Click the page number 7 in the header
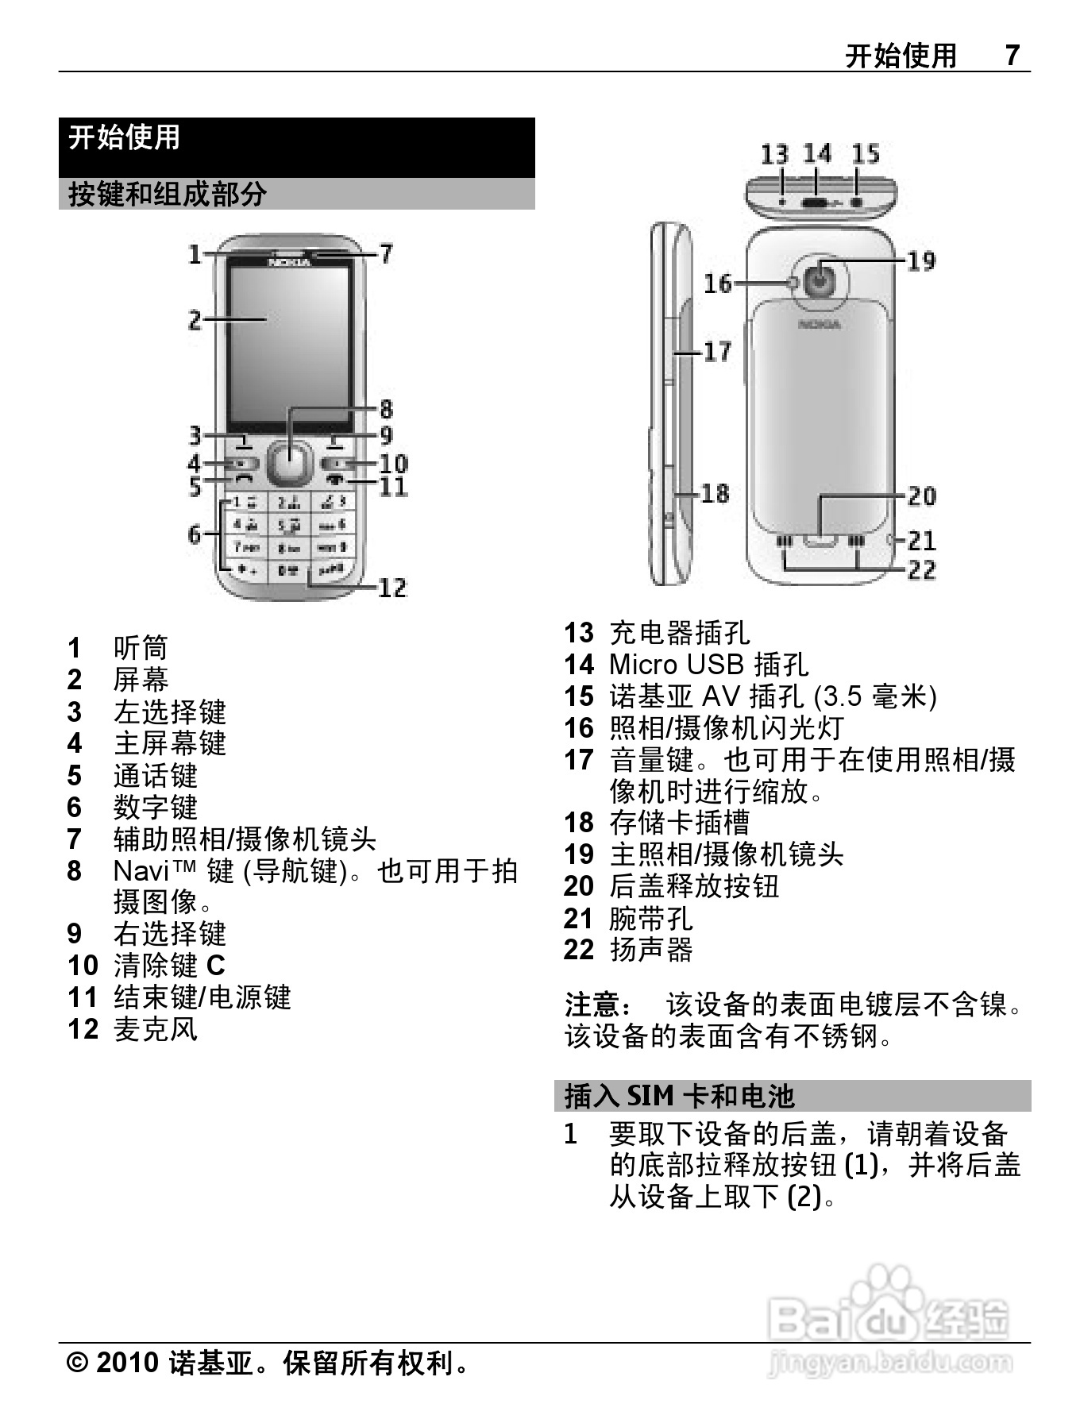point(1012,55)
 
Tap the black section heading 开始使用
point(124,137)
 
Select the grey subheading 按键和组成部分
point(168,194)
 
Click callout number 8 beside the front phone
point(386,409)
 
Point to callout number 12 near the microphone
point(391,588)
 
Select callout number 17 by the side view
point(717,350)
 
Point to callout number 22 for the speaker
point(921,569)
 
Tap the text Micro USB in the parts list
point(677,665)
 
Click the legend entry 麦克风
point(156,1029)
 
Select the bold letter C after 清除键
point(216,966)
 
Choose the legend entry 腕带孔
point(651,918)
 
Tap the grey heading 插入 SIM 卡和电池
point(679,1096)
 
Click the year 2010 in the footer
point(127,1363)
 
